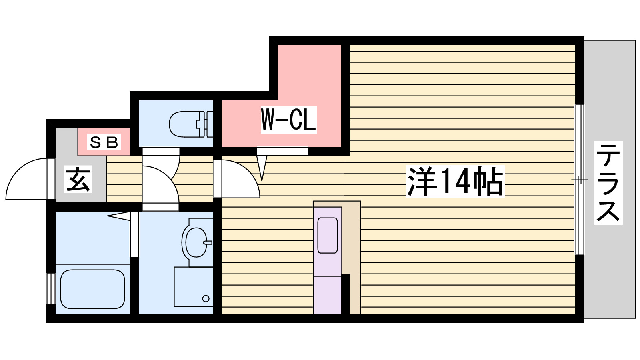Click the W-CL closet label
[288, 120]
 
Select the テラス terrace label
[608, 182]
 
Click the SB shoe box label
[104, 142]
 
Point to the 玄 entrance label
[78, 180]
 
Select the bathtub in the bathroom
[92, 289]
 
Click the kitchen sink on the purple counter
[328, 235]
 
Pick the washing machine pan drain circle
[206, 298]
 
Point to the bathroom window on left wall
[51, 289]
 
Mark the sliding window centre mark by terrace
[579, 180]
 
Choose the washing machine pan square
[193, 286]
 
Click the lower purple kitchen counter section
[327, 295]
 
